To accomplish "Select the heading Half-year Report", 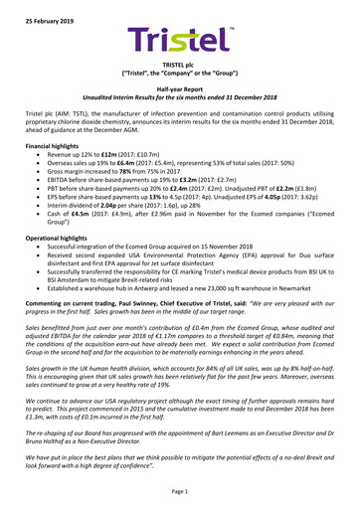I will pyautogui.click(x=179, y=88).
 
